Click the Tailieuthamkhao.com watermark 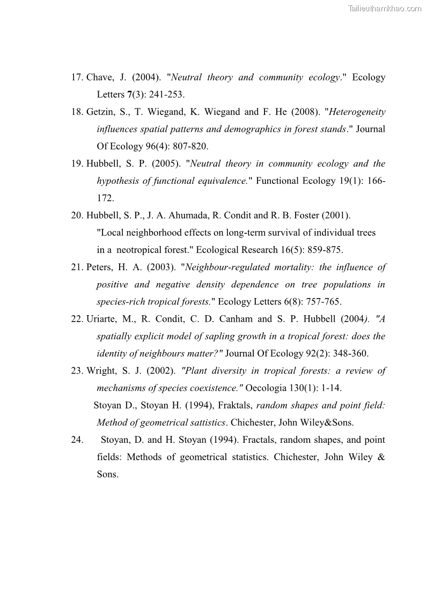pyautogui.click(x=385, y=8)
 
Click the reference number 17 pyautogui.click(x=76, y=77)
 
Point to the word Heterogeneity pyautogui.click(x=357, y=112)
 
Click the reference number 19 pyautogui.click(x=76, y=163)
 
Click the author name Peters pyautogui.click(x=100, y=267)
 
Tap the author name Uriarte pyautogui.click(x=101, y=319)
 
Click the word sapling pyautogui.click(x=214, y=336)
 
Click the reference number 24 pyautogui.click(x=76, y=440)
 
